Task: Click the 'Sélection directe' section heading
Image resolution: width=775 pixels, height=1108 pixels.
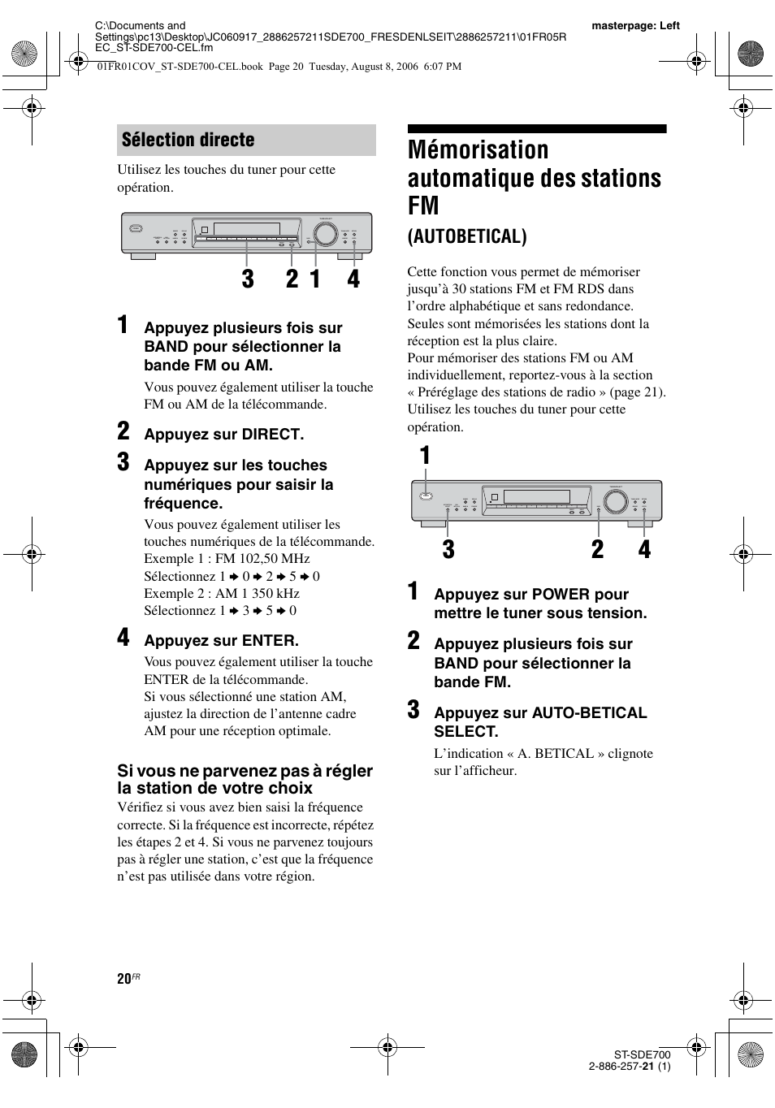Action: tap(188, 140)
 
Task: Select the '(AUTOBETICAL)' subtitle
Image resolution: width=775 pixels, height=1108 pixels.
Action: tap(466, 236)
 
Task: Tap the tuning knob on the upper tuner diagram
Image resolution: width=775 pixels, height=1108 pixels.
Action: tap(327, 234)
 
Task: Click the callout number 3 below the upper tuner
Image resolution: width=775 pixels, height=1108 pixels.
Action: tap(248, 279)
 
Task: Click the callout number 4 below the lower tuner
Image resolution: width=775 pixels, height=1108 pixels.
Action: tap(644, 550)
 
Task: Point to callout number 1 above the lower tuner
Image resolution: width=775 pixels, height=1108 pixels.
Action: tap(424, 457)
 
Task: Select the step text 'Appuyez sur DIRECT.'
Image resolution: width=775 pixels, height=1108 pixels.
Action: tap(223, 435)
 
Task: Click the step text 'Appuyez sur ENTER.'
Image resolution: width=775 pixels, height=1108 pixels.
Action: tap(221, 641)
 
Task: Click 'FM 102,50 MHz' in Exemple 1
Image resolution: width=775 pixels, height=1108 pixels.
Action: tap(264, 559)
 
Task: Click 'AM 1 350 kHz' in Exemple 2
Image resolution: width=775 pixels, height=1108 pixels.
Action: tap(258, 594)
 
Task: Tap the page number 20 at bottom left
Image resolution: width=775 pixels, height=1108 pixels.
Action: tap(123, 979)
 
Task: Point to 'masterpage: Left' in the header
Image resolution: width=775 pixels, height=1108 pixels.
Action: tap(635, 26)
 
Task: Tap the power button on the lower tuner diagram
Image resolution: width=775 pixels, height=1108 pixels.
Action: tap(423, 497)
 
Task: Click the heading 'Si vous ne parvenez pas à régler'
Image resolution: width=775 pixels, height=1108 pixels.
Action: tap(245, 771)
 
